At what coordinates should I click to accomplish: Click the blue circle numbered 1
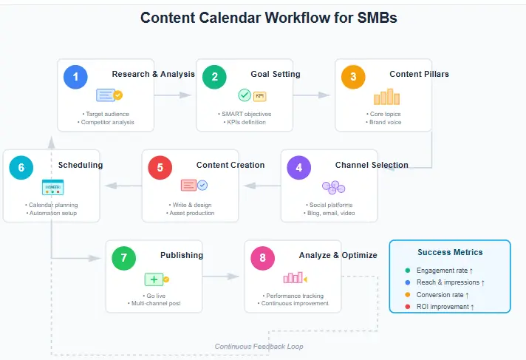[75, 77]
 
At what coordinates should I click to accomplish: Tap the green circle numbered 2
[214, 77]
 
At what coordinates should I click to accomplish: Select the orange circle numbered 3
[353, 77]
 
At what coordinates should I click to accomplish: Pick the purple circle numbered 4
[298, 168]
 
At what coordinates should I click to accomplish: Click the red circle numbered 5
[160, 168]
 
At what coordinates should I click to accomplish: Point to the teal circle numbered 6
[21, 168]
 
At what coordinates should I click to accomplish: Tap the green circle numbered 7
[123, 259]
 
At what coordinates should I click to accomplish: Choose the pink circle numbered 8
[262, 259]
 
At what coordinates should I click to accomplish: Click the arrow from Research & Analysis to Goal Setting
[175, 95]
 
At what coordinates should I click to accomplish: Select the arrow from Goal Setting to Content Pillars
[314, 95]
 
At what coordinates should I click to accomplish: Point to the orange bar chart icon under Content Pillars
[386, 97]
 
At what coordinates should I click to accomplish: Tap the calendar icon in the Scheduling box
[53, 187]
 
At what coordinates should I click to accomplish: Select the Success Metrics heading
[450, 252]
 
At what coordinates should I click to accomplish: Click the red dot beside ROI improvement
[407, 306]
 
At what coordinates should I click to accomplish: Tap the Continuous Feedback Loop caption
[259, 346]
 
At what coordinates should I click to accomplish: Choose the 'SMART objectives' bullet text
[246, 114]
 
